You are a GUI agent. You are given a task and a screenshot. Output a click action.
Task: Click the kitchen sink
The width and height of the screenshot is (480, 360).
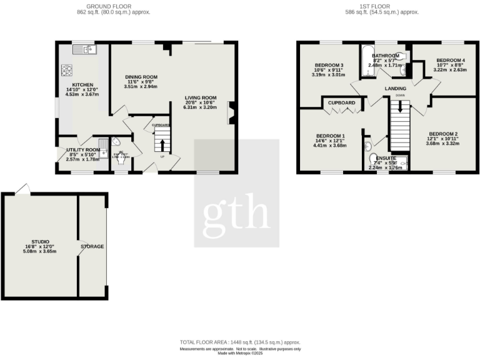pos(84,49)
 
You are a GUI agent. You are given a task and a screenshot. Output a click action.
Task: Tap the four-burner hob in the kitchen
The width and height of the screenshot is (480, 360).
pos(66,70)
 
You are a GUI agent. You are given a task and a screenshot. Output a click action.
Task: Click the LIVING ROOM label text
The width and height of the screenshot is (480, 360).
pos(200,97)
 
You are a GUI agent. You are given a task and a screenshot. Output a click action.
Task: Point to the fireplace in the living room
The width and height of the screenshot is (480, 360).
pos(231,115)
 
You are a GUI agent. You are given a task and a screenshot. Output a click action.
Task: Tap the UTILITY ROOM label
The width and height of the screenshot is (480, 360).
pos(83,150)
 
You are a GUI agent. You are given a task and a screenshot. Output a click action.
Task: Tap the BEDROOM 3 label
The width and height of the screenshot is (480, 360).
pos(329,66)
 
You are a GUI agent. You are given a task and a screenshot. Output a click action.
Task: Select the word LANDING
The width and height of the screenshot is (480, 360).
pos(396,89)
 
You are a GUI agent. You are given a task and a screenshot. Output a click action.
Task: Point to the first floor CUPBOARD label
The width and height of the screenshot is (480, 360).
pos(342,102)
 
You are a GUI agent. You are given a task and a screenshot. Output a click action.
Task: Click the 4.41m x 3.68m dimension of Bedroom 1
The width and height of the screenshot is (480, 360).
pos(330,147)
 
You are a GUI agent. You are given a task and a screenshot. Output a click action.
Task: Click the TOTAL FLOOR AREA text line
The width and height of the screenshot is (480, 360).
pos(240,342)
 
